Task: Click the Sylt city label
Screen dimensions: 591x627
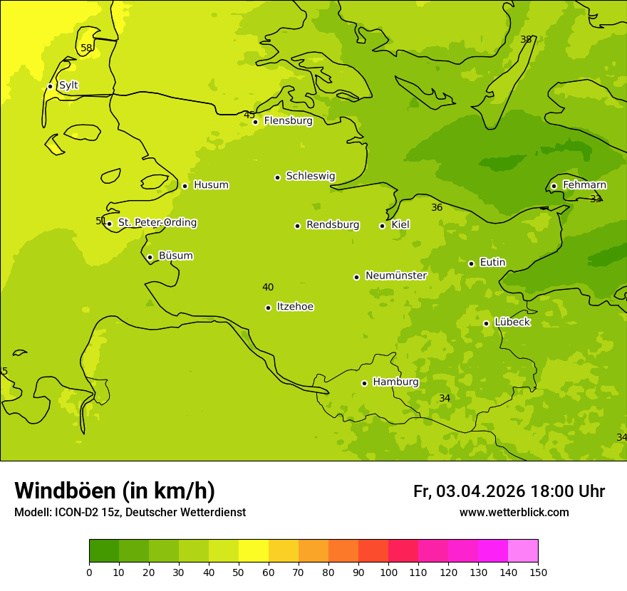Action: tap(68, 85)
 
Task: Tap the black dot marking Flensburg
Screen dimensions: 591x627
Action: tap(255, 122)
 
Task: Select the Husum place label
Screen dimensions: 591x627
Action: tap(211, 185)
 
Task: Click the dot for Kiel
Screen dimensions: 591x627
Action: tap(382, 226)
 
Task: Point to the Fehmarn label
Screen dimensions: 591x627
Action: tap(584, 185)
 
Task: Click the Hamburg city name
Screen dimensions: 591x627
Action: tap(395, 382)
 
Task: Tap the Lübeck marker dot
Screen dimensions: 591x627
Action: tap(486, 323)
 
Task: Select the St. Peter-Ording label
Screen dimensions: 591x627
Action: tap(157, 223)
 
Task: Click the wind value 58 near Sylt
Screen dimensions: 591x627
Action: tap(86, 48)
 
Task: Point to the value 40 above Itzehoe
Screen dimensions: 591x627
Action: tap(267, 288)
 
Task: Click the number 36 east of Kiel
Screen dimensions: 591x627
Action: tap(437, 208)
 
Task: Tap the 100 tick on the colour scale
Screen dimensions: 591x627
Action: tap(388, 572)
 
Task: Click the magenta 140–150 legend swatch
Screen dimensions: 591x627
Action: tap(523, 550)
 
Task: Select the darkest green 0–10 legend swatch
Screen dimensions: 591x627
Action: tap(104, 550)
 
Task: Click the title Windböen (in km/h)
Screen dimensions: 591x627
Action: tap(115, 491)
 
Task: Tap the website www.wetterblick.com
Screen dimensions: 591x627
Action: tap(514, 513)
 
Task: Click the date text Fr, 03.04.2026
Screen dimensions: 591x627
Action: tap(469, 492)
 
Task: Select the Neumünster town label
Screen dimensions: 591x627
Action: tap(395, 276)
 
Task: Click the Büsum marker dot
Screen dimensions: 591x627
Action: tap(150, 257)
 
